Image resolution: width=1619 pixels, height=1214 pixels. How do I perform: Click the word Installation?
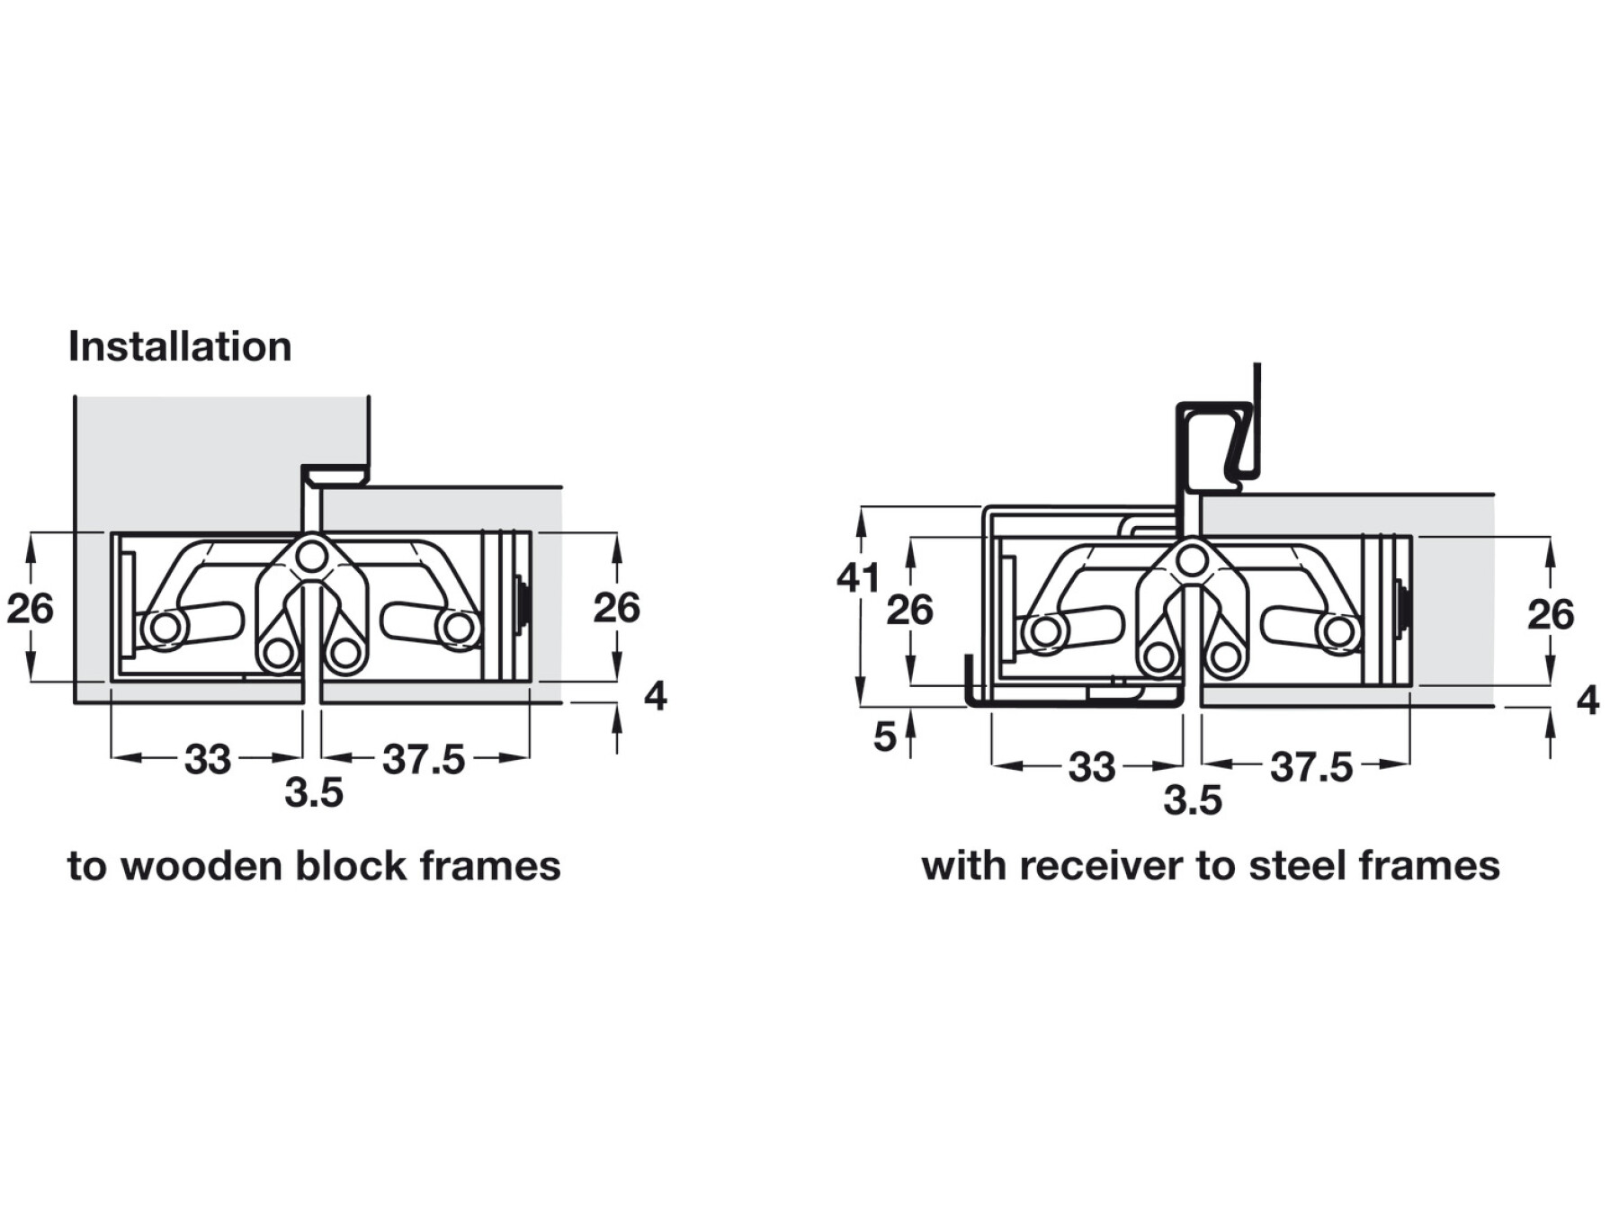coord(180,347)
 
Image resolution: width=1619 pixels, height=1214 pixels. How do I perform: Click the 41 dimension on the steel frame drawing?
coord(857,577)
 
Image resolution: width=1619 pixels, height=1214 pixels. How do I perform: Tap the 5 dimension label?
coord(885,736)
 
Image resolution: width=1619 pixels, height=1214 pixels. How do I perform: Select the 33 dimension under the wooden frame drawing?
coord(208,760)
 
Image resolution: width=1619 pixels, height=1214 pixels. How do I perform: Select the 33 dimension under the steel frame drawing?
coord(1091,767)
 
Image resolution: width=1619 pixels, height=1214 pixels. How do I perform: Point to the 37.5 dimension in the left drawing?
coord(424,760)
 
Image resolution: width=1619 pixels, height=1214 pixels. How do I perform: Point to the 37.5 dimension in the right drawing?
coord(1310,767)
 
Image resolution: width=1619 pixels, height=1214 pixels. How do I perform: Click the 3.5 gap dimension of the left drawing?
coord(314,793)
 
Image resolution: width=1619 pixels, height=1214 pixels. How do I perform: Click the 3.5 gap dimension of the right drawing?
coord(1193,800)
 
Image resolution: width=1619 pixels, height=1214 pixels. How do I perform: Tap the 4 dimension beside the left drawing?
coord(656,696)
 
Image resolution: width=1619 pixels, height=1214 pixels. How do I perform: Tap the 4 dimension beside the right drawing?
coord(1588,701)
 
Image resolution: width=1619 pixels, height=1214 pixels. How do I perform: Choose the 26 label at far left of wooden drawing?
coord(31,609)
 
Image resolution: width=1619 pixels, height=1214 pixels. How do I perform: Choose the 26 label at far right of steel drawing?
coord(1551,615)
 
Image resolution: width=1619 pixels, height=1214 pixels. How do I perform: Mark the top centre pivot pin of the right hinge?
coord(1192,562)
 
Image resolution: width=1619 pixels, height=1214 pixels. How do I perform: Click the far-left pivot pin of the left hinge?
coord(165,628)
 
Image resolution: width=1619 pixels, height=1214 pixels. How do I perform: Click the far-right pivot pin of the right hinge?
coord(1338,632)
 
